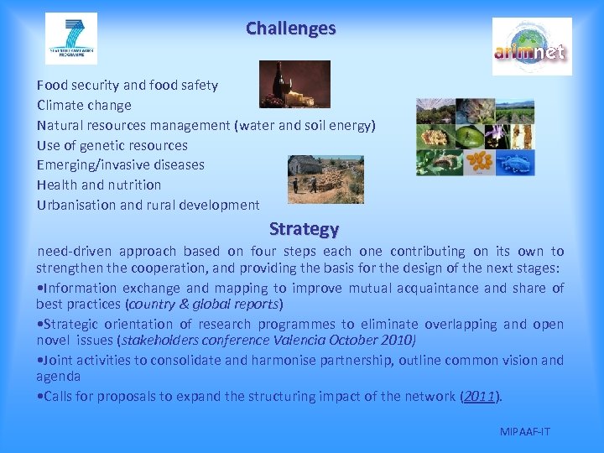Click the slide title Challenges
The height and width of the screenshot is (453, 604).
(290, 29)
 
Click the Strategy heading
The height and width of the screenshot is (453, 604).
(304, 228)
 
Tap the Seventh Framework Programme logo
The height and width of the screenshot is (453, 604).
(71, 39)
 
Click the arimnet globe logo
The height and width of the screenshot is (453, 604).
(531, 47)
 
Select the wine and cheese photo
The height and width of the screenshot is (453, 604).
(294, 85)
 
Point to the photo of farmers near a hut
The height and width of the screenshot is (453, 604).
(325, 180)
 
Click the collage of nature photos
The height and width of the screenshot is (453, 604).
(475, 137)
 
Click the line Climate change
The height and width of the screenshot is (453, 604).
(84, 105)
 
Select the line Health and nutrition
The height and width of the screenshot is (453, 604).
(99, 185)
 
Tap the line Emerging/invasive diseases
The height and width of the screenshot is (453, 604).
(121, 164)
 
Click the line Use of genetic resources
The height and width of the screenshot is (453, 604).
(112, 145)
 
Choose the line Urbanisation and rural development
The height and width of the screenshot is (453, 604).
(148, 205)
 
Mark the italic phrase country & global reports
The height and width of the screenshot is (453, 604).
(204, 304)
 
